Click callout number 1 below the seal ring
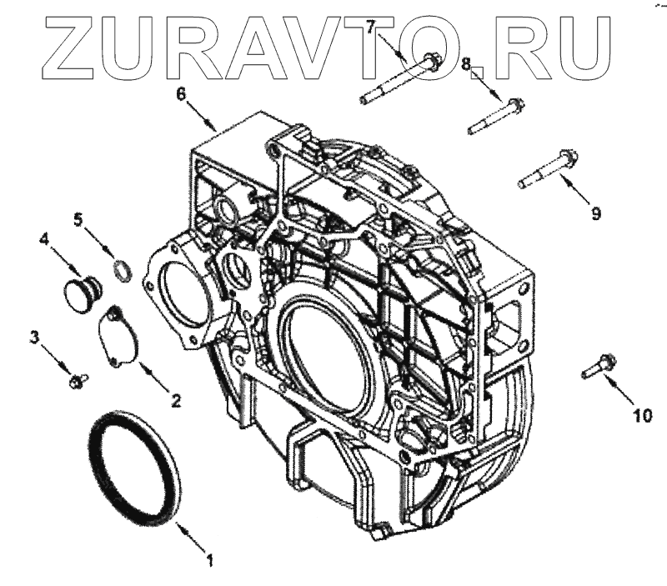209,560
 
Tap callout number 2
175,401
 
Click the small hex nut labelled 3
78,381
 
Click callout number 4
43,239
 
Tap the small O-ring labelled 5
123,271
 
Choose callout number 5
78,220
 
